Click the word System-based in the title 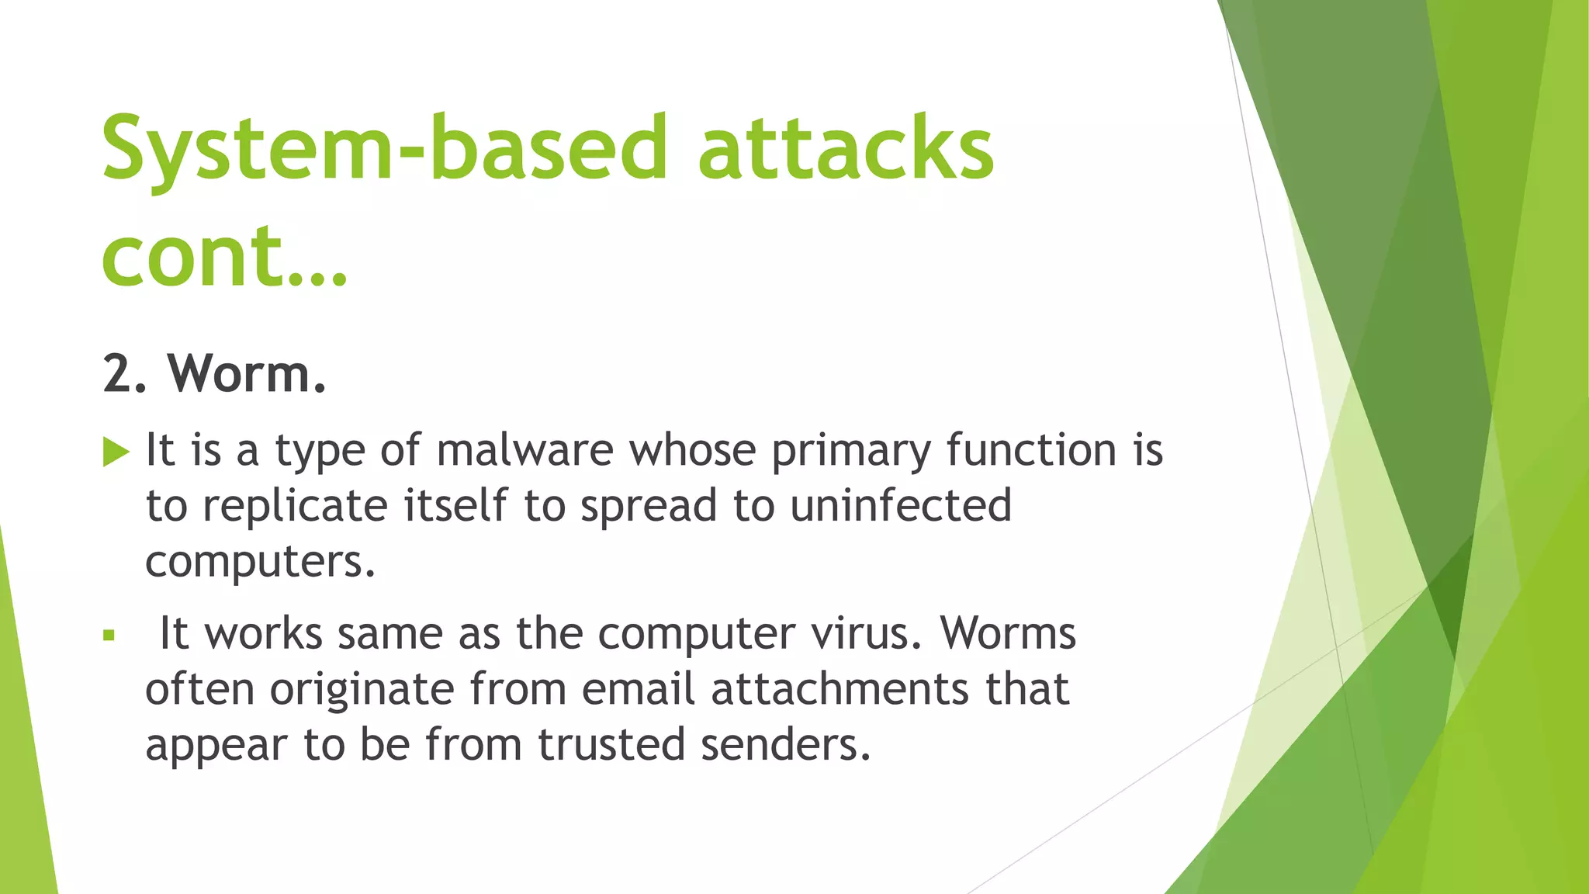point(383,149)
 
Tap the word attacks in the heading point(846,149)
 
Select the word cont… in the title point(224,256)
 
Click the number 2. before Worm point(124,374)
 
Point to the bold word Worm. point(247,374)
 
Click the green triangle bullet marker point(116,452)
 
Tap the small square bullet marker point(109,636)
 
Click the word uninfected point(901,506)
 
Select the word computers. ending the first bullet point(260,562)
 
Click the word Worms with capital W point(1008,634)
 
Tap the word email point(639,690)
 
